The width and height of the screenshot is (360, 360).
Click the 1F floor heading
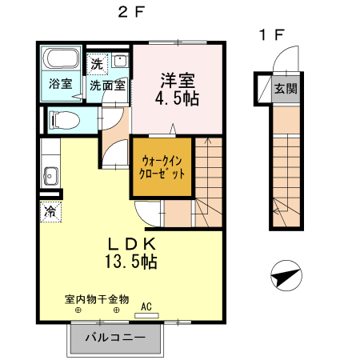point(271,35)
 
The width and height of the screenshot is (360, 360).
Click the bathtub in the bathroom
point(60,60)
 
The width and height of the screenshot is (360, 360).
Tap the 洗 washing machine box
point(96,63)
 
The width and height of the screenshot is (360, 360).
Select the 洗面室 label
point(106,84)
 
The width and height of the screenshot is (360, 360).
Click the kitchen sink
point(50,175)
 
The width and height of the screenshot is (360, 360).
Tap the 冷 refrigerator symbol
point(50,212)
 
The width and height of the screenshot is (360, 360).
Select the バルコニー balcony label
point(114,338)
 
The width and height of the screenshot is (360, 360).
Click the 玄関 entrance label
point(284,89)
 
